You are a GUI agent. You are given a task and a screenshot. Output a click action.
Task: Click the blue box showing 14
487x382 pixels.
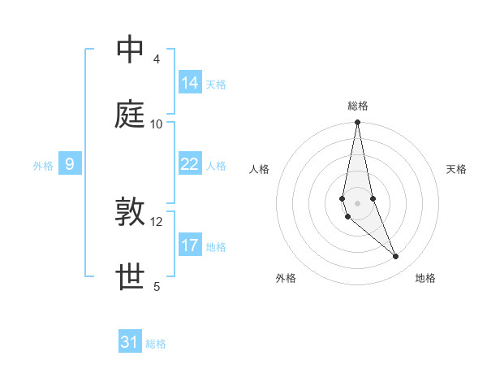[190, 83]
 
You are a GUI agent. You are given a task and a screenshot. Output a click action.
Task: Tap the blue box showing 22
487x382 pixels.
[190, 164]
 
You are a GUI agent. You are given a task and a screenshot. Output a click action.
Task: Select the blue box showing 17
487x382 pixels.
[190, 245]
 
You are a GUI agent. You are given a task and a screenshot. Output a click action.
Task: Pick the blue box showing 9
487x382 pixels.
[70, 164]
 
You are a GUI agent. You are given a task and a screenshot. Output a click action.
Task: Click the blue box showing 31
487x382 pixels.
[130, 342]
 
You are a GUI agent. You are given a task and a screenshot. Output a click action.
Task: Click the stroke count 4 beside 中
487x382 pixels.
[156, 59]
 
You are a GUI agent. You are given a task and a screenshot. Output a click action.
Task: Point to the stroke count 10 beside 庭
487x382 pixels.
[157, 124]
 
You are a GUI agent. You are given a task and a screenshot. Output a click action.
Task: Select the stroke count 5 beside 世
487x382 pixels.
[156, 287]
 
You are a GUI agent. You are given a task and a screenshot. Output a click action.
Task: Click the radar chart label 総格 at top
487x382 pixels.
[358, 106]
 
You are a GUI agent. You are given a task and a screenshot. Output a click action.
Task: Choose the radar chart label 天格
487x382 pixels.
[457, 169]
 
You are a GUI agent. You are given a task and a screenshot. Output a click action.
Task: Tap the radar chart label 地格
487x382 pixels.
[425, 278]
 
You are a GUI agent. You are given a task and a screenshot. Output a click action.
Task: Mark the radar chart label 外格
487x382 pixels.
[286, 278]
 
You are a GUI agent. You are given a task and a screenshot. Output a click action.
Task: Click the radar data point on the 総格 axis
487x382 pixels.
[357, 123]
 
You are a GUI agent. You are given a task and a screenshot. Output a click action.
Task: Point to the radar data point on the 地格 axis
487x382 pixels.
[396, 257]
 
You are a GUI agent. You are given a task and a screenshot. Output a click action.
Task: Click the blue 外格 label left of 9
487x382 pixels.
[43, 166]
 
